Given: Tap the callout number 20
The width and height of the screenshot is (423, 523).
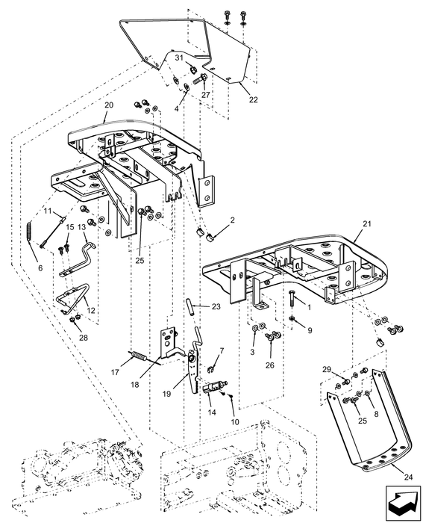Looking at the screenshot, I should coord(108,105).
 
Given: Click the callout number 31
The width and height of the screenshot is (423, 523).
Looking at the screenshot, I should coord(179,58).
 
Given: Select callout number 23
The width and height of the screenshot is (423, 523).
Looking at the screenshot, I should coord(216,306).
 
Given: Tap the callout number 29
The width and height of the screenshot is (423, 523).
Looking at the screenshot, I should coord(326,370).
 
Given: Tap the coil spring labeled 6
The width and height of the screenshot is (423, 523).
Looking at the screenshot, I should coord(31,235).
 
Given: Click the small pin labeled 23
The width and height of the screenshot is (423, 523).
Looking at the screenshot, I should coord(192,306).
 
